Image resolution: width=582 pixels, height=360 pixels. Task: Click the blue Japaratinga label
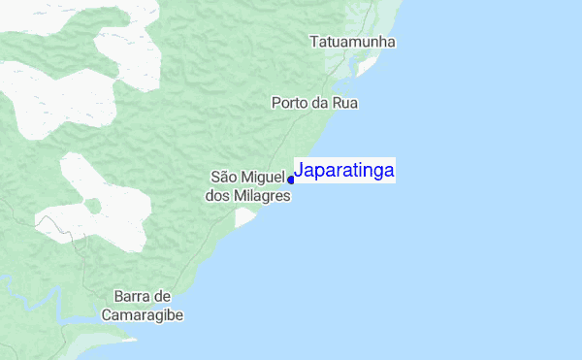pyautogui.click(x=344, y=171)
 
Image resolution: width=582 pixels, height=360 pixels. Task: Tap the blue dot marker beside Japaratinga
pyautogui.click(x=291, y=180)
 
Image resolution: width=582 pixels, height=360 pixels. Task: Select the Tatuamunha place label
pyautogui.click(x=353, y=43)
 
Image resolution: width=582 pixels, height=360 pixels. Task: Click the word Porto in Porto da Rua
pyautogui.click(x=290, y=102)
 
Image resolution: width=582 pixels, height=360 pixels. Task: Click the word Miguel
pyautogui.click(x=264, y=177)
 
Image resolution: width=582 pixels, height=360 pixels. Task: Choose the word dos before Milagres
pyautogui.click(x=217, y=195)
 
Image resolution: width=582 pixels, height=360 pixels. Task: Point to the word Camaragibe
pyautogui.click(x=142, y=315)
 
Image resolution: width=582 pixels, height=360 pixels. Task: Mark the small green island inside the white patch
pyautogui.click(x=93, y=206)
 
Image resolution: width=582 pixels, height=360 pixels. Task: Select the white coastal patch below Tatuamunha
pyautogui.click(x=367, y=65)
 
